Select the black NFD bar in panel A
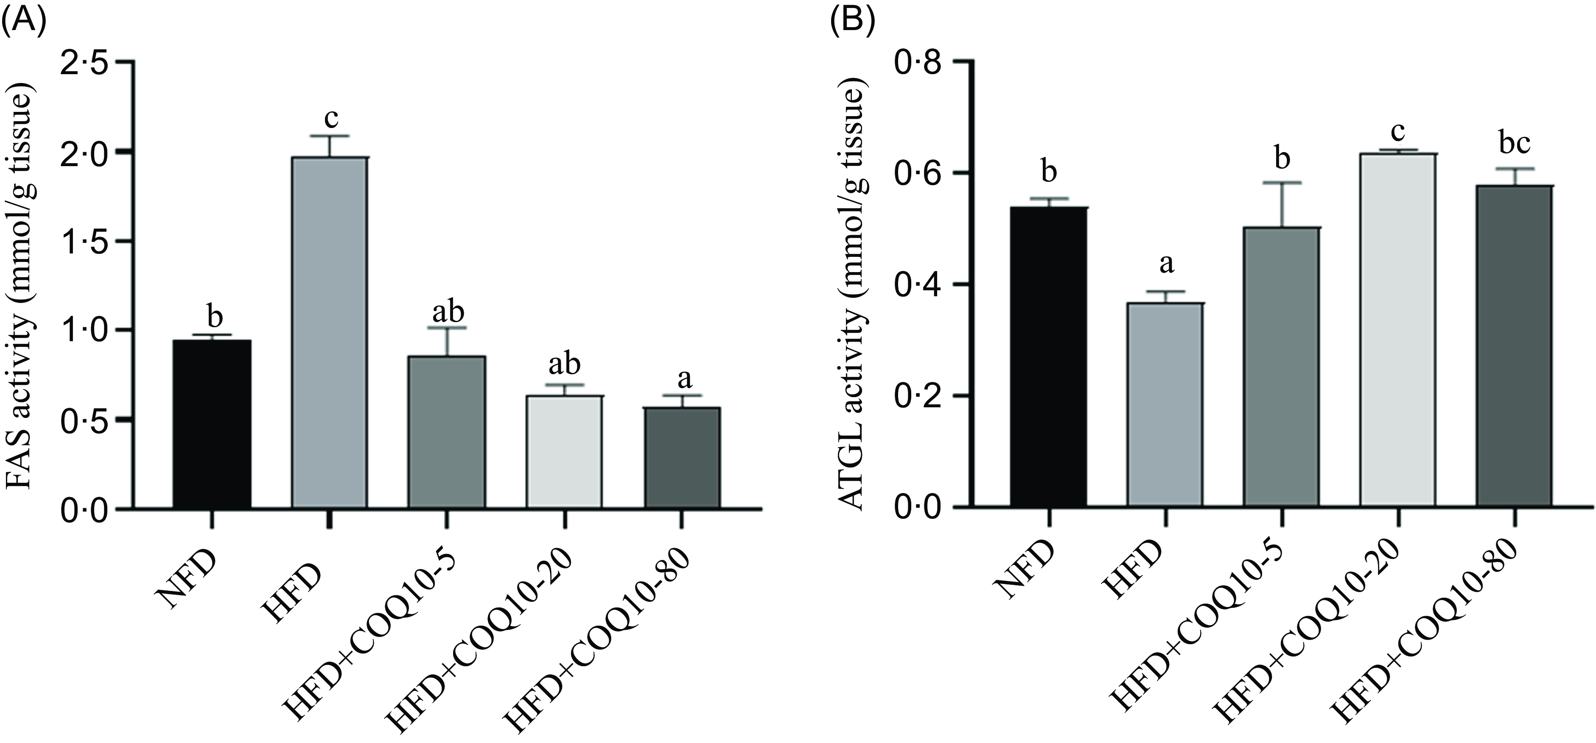point(212,425)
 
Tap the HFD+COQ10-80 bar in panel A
point(682,458)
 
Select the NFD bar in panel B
point(1048,357)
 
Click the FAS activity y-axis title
point(21,285)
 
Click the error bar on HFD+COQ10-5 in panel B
point(1282,205)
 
